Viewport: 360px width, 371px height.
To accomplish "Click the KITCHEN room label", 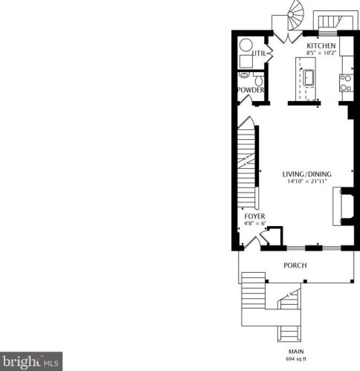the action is (x=321, y=46).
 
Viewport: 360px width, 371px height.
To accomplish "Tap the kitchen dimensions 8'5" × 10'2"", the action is (x=321, y=53).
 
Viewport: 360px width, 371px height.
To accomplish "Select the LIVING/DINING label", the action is (x=307, y=174).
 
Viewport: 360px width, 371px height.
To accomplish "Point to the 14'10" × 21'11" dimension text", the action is (x=307, y=181).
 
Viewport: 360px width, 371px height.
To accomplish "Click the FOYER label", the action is (x=254, y=216).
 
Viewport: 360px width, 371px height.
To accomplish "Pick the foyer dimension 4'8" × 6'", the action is (x=255, y=223).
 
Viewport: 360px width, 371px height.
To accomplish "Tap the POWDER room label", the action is (x=251, y=90).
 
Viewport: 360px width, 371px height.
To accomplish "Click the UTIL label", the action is (x=259, y=54).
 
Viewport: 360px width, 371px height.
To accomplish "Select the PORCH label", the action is (x=295, y=265).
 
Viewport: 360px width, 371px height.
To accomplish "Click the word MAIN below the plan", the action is (x=296, y=352).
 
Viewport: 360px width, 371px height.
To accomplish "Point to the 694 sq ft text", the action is (x=296, y=358).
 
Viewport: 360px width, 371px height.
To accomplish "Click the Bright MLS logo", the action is (x=31, y=361).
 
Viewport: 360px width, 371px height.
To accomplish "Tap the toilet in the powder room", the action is (x=259, y=79).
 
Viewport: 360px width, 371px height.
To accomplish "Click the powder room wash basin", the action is (x=244, y=74).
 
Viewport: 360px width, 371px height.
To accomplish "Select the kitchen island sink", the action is (x=309, y=78).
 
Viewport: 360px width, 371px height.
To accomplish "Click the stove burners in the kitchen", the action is (x=346, y=83).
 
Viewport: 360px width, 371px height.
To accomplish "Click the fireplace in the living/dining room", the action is (x=344, y=207).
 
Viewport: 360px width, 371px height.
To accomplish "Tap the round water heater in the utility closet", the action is (x=246, y=45).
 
